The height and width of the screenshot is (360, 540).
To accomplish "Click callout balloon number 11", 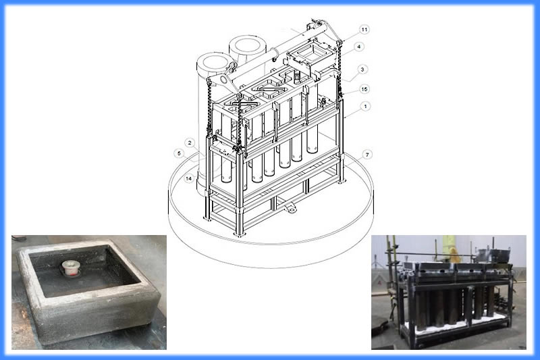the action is (364, 30).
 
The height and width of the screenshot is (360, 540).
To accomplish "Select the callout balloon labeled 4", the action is (359, 47).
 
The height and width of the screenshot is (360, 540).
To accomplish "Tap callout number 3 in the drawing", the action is (362, 70).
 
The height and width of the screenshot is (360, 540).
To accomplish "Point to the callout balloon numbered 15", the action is (364, 89).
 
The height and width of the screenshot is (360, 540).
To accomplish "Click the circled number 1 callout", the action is (365, 107).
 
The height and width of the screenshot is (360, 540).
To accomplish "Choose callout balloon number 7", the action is (367, 155).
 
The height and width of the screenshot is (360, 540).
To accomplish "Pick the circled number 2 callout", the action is (190, 143).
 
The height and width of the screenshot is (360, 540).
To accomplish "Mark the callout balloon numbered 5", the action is (179, 153).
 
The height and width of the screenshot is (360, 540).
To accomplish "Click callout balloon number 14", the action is (188, 178).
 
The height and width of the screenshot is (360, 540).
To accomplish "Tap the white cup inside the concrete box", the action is (71, 268).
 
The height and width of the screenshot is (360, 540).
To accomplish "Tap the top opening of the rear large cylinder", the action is (247, 47).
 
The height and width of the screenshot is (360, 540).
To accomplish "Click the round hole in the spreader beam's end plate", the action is (223, 80).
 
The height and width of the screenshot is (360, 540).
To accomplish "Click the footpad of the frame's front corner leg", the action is (240, 234).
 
